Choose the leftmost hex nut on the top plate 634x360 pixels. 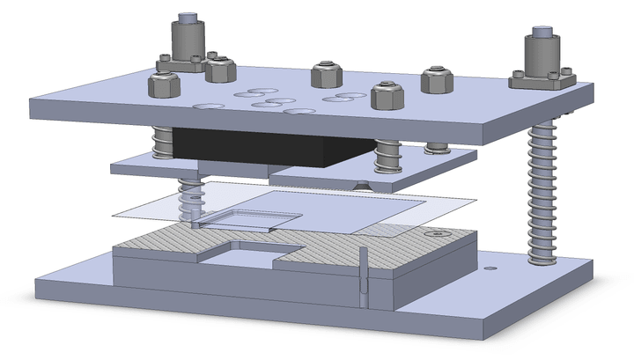click(x=164, y=84)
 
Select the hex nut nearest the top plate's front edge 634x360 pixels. click(x=386, y=94)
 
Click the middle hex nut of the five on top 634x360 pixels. click(x=325, y=74)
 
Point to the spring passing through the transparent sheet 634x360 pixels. click(x=188, y=202)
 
